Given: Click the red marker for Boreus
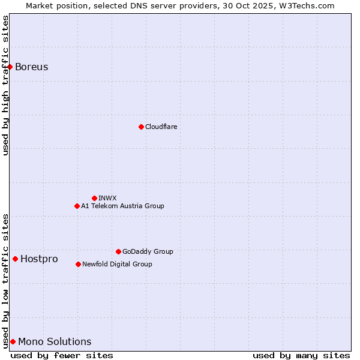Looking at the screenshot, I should tap(10, 67).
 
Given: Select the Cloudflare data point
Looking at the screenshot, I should tap(141, 127).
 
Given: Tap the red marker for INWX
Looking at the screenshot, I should tap(94, 198).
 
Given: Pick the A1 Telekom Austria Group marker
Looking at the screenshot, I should tap(77, 206).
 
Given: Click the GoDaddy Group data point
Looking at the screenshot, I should tap(118, 251).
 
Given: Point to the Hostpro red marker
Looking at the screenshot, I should tap(15, 259).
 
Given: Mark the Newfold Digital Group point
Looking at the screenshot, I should tap(78, 264).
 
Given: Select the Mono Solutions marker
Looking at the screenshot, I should tap(13, 341).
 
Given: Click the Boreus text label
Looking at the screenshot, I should tap(32, 67).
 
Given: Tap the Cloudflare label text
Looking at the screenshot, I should tap(161, 127).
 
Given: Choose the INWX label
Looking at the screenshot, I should tap(107, 198).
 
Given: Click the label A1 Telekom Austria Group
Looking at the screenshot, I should tap(122, 206).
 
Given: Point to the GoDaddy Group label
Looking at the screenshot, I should tap(148, 251).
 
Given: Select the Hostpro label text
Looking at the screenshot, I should tap(39, 259).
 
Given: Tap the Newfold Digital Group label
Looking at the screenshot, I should tap(117, 264).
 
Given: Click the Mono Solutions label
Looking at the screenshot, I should tap(55, 341).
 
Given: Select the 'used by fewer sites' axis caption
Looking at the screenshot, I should tap(62, 355).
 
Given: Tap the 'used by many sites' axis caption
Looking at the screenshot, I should tap(301, 355).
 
